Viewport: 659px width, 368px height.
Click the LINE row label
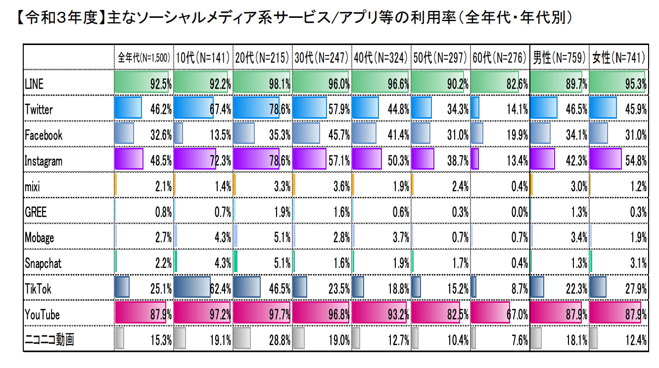(34, 84)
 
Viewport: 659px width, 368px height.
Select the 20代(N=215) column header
(262, 57)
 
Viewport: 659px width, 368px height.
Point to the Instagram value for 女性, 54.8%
(635, 161)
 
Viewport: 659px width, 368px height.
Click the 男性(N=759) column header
(559, 57)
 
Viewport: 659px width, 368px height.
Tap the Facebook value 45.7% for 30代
(339, 135)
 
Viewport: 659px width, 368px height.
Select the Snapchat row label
(44, 263)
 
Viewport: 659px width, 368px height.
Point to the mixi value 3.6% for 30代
(341, 186)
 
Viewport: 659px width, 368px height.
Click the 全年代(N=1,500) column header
(144, 57)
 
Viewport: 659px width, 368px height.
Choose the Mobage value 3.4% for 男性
(578, 238)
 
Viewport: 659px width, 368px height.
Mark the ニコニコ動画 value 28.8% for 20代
(280, 341)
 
